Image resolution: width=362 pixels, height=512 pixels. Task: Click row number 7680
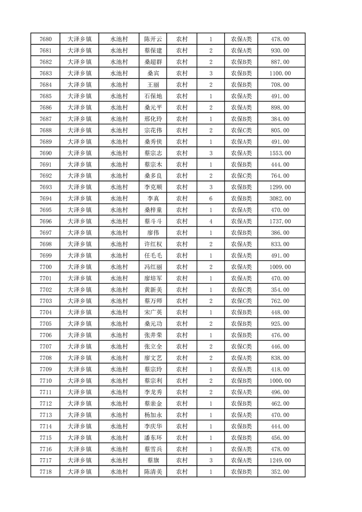pyautogui.click(x=46, y=39)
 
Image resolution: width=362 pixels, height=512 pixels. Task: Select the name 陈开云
pyautogui.click(x=153, y=39)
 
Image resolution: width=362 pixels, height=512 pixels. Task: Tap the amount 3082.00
pyautogui.click(x=280, y=199)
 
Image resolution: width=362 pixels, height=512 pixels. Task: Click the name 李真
pyautogui.click(x=153, y=199)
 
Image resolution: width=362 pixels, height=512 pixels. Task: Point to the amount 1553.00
pyautogui.click(x=280, y=153)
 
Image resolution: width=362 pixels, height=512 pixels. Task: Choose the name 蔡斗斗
pyautogui.click(x=153, y=221)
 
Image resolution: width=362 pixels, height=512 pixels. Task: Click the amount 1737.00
pyautogui.click(x=280, y=221)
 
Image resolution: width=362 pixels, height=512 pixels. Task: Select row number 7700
pyautogui.click(x=46, y=267)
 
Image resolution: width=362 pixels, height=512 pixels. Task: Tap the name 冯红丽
pyautogui.click(x=153, y=267)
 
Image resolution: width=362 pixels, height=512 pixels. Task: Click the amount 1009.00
pyautogui.click(x=280, y=267)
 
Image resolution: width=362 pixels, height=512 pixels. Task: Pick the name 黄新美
pyautogui.click(x=153, y=290)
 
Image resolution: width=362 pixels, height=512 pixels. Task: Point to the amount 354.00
pyautogui.click(x=280, y=290)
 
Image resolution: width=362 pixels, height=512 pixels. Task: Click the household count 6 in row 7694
pyautogui.click(x=211, y=199)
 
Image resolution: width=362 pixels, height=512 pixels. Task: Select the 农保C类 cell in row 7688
pyautogui.click(x=241, y=131)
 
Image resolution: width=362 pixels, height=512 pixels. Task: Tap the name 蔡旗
pyautogui.click(x=153, y=460)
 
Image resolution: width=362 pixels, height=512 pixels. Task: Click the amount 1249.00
pyautogui.click(x=280, y=460)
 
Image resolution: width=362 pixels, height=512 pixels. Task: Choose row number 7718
pyautogui.click(x=46, y=472)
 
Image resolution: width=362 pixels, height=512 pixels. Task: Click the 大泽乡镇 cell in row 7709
pyautogui.click(x=79, y=369)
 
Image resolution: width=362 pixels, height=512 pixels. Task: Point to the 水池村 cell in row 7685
pyautogui.click(x=119, y=96)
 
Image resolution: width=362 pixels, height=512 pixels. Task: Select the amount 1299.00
pyautogui.click(x=280, y=187)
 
